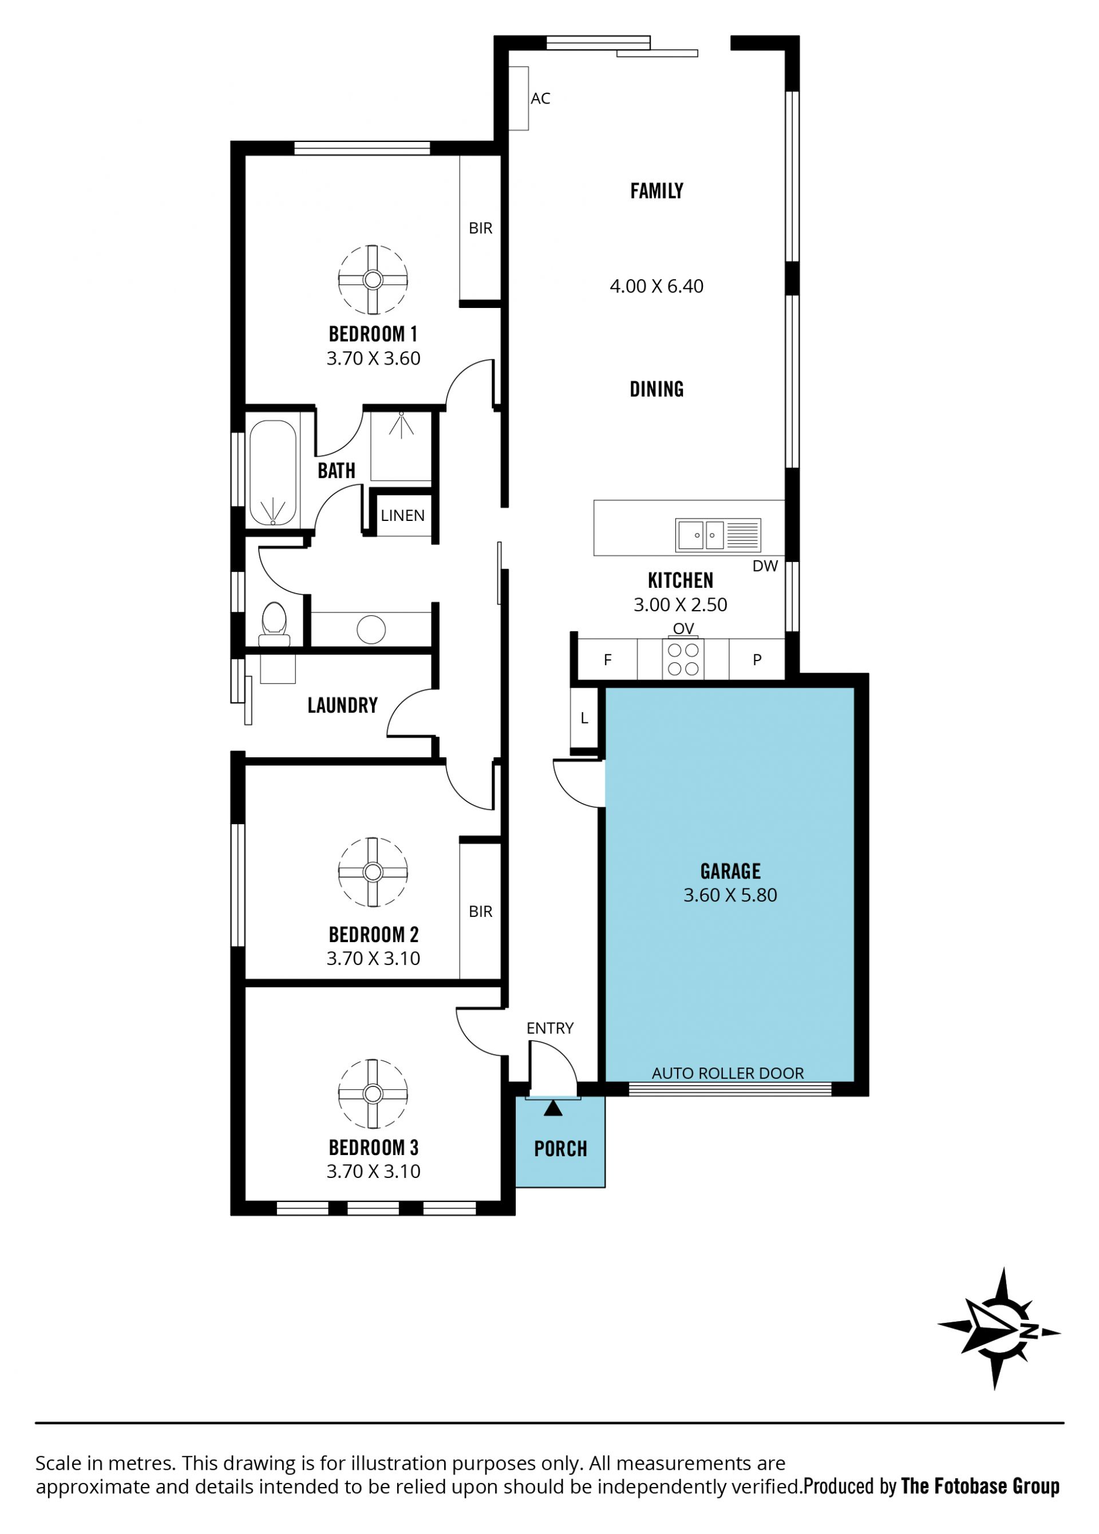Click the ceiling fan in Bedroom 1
click(373, 279)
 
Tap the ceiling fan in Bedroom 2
click(373, 872)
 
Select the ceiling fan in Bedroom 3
click(373, 1093)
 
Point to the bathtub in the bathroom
click(272, 473)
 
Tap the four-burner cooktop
click(683, 659)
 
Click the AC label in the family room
click(540, 99)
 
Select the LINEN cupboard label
click(402, 515)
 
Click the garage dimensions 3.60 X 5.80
click(730, 895)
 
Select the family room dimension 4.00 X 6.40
click(657, 286)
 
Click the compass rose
click(998, 1329)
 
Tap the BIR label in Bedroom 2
click(480, 912)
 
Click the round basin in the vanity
click(371, 630)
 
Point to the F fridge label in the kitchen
click(607, 660)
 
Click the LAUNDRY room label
click(342, 705)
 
